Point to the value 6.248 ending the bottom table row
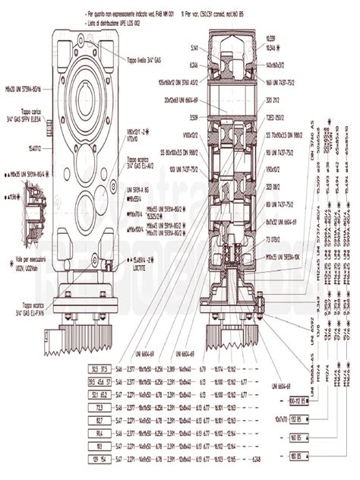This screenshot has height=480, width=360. [256, 459]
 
